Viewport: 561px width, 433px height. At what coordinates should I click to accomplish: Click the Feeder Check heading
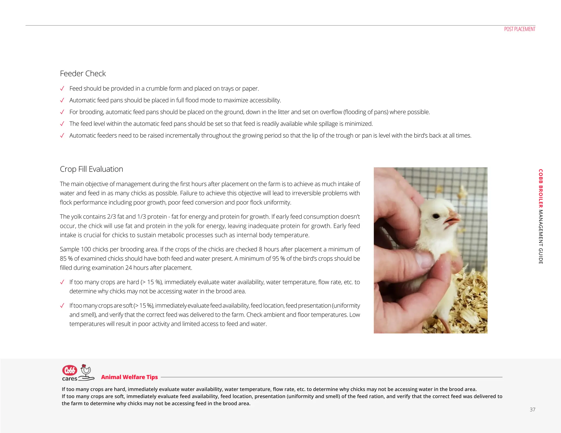[x=83, y=74]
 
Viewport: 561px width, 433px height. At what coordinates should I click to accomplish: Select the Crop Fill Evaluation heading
[x=91, y=169]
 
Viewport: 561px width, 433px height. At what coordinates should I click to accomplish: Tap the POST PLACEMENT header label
[x=520, y=29]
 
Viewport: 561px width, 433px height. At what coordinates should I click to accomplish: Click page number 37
[x=532, y=410]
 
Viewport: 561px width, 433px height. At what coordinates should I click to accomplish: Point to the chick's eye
[x=436, y=216]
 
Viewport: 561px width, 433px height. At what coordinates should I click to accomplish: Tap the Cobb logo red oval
[x=70, y=370]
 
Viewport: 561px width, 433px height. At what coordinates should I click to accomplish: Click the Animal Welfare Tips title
[x=129, y=377]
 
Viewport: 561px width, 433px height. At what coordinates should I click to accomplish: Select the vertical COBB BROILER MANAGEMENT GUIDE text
[x=540, y=216]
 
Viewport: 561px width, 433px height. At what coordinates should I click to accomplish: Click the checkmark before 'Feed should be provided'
[x=62, y=89]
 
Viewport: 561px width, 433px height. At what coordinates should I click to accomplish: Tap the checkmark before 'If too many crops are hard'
[x=62, y=282]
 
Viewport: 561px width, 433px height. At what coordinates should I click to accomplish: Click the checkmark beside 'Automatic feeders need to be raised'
[x=62, y=136]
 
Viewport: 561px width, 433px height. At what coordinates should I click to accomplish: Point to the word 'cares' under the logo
[x=70, y=379]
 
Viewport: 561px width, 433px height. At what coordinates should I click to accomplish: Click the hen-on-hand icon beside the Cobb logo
[x=86, y=372]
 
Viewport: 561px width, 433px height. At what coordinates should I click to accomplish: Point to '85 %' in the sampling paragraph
[x=66, y=259]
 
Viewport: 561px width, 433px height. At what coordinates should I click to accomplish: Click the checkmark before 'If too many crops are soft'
[x=62, y=306]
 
